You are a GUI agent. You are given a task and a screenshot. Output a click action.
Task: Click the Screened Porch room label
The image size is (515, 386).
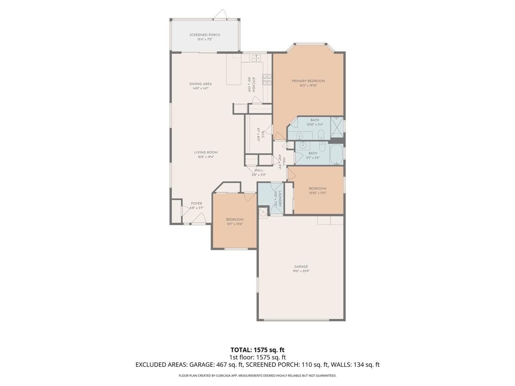(x=205, y=35)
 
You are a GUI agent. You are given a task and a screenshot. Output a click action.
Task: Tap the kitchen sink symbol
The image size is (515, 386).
(x=256, y=58)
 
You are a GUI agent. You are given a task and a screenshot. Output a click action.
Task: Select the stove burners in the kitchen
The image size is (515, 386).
(x=267, y=79)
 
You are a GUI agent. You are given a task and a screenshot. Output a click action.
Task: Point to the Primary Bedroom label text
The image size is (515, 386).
(x=308, y=81)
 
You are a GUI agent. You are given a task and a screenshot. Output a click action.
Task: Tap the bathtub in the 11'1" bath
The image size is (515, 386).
(x=336, y=155)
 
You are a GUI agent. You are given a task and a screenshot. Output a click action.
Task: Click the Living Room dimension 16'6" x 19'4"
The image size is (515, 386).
(x=206, y=157)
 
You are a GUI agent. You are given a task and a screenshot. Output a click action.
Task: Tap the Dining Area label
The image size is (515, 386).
(x=200, y=84)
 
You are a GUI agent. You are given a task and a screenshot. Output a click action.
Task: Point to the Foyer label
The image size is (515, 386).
(x=197, y=203)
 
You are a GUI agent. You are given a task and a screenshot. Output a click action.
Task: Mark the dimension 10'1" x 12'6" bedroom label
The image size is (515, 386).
(x=235, y=224)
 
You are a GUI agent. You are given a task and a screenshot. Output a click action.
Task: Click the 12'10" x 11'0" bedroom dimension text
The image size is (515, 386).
(x=318, y=193)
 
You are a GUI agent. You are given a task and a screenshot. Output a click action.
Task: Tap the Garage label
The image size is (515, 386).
(x=301, y=266)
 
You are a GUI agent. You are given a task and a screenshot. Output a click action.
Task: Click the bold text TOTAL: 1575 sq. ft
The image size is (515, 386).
(x=257, y=350)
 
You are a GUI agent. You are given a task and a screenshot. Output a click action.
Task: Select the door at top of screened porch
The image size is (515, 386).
(x=220, y=15)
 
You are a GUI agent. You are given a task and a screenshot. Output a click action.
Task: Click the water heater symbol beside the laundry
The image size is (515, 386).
(x=262, y=211)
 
